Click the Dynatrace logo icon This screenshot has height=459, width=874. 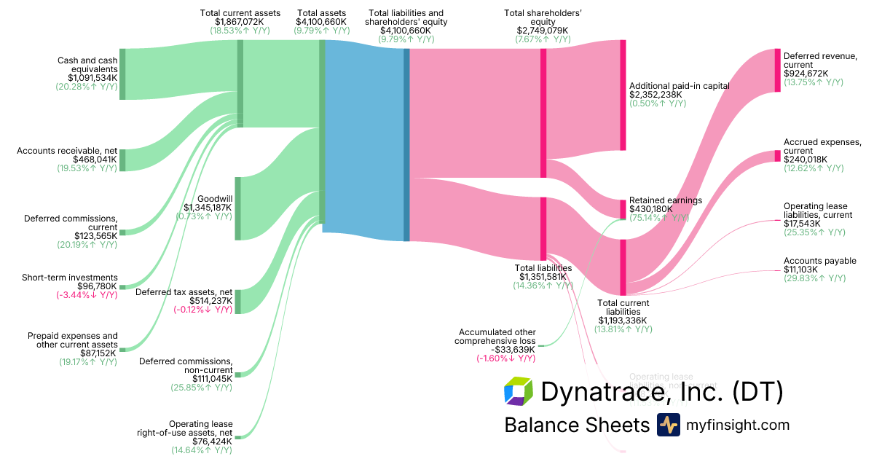[x=519, y=391]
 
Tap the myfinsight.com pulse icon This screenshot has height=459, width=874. [x=668, y=425]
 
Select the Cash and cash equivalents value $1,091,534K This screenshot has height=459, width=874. [x=92, y=77]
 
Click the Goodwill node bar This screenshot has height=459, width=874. [x=237, y=208]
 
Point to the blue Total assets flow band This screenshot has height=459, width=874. [x=364, y=138]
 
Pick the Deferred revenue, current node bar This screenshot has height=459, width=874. [x=777, y=70]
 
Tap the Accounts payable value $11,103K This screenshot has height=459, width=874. [x=800, y=270]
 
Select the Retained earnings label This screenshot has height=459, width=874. [x=666, y=200]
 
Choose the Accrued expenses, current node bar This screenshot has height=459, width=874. [x=777, y=156]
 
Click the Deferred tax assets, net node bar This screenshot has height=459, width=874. [x=237, y=301]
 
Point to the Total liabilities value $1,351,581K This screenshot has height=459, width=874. [x=543, y=277]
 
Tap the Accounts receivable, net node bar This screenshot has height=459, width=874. [x=122, y=160]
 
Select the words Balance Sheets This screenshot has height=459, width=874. [x=576, y=425]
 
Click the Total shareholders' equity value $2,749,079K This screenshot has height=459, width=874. [x=543, y=30]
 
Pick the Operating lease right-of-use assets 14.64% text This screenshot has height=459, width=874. [x=202, y=450]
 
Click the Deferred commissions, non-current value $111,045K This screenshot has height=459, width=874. [x=212, y=378]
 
